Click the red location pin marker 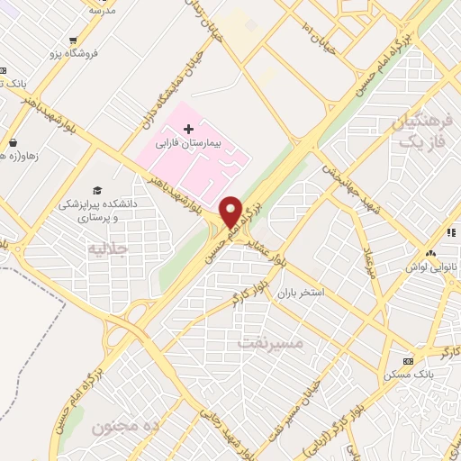point(230,212)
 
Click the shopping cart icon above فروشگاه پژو point(71,41)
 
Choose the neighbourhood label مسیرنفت point(271,343)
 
